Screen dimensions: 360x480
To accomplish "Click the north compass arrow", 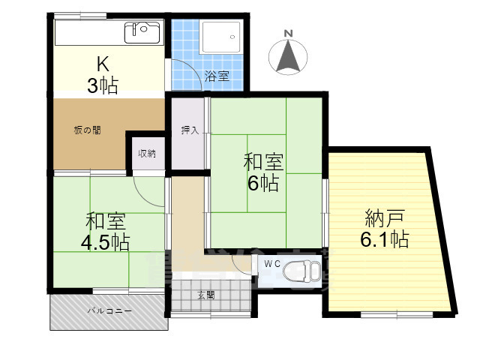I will click(x=288, y=56).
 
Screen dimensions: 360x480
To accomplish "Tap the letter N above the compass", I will click(x=288, y=32).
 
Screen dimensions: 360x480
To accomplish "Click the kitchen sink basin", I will click(x=143, y=32).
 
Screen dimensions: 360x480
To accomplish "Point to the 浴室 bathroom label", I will click(x=217, y=76).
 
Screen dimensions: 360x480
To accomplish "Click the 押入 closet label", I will click(x=190, y=130).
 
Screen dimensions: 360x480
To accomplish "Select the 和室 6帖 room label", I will click(x=262, y=172).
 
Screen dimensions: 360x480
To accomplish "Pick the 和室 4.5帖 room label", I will click(x=106, y=232).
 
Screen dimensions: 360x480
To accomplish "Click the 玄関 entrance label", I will click(x=206, y=295).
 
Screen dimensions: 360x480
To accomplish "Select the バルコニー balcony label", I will click(x=108, y=309).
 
